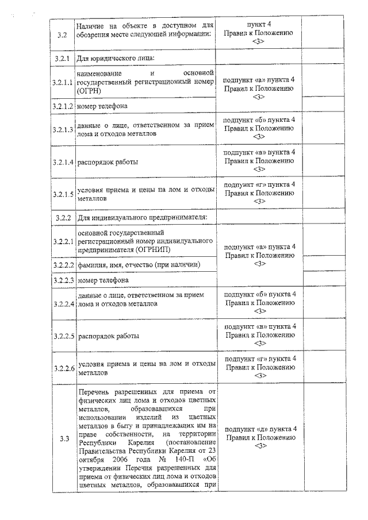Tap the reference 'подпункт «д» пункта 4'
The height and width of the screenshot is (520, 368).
[260, 429]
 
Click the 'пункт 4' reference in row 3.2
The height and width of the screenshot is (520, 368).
[260, 25]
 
